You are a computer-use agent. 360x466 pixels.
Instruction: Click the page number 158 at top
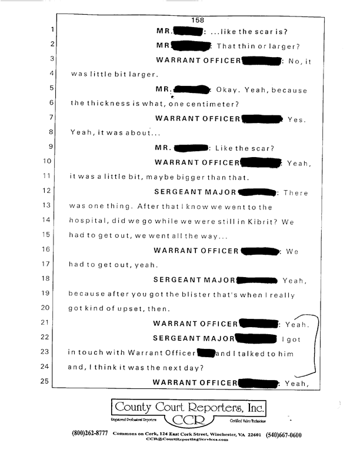tap(197, 20)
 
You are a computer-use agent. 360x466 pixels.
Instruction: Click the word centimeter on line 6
tap(215, 103)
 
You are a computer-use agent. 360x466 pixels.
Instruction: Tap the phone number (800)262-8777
tap(89, 435)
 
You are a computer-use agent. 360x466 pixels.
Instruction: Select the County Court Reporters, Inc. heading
tap(188, 407)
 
